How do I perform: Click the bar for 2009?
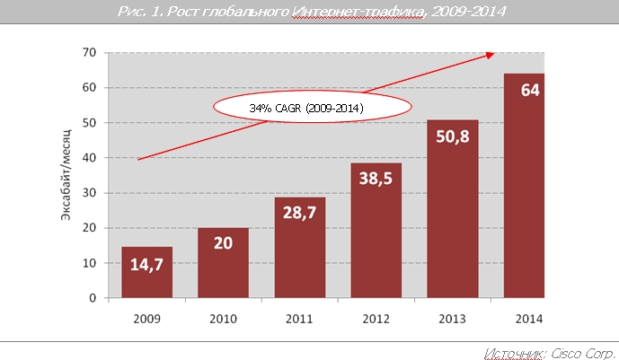point(146,272)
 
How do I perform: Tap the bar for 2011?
point(299,248)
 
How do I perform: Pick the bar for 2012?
point(376,230)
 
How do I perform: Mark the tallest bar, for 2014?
point(524,185)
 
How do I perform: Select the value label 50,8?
point(452,140)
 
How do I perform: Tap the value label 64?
point(528,92)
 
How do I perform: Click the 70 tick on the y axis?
point(89,53)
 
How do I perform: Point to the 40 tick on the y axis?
point(89,158)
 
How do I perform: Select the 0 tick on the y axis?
point(93,298)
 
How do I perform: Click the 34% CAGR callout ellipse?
point(312,108)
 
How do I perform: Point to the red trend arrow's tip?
point(492,55)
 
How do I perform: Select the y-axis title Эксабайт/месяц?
point(67,176)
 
